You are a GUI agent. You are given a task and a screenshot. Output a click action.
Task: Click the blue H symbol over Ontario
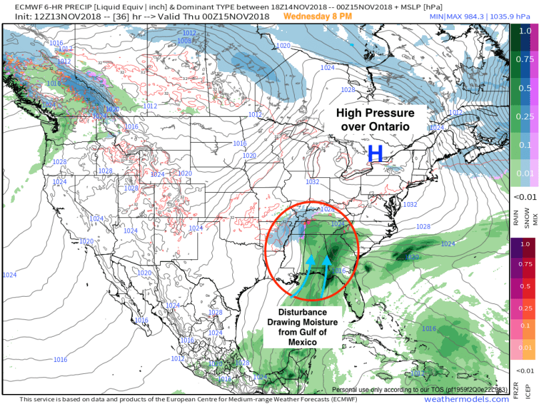376,154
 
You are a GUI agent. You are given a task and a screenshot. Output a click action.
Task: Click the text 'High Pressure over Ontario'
374,120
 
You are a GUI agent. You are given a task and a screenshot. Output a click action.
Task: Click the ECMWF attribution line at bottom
167,399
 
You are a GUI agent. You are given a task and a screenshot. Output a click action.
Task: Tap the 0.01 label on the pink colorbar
526,347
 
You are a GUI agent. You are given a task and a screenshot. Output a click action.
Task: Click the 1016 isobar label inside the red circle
341,271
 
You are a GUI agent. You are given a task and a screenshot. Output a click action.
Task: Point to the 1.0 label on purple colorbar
526,245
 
